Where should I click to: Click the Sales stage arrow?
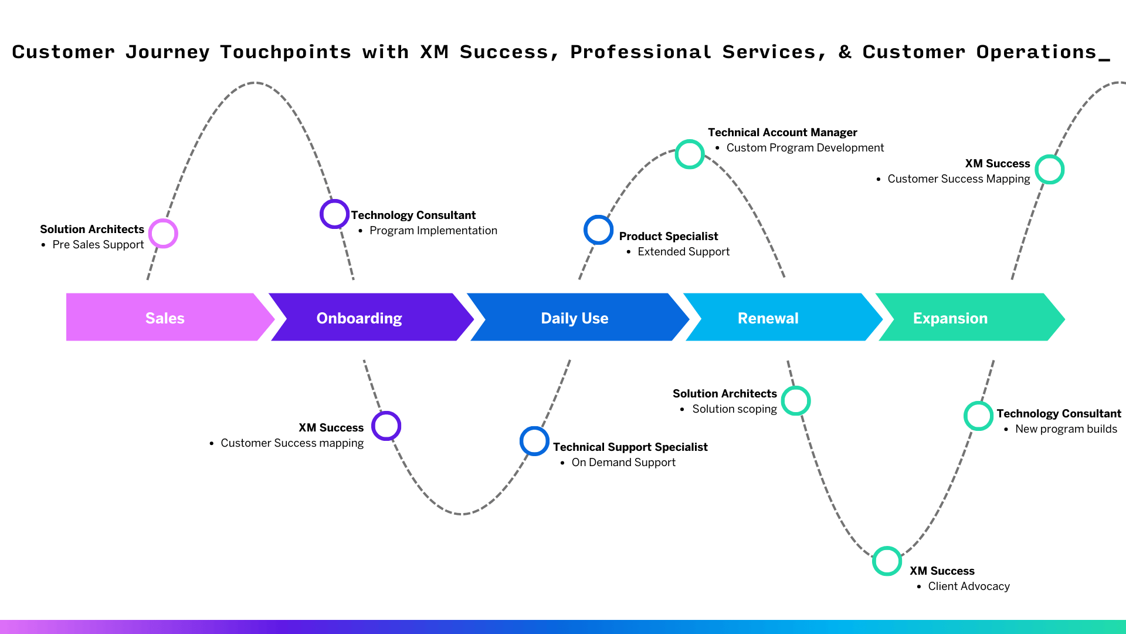[165, 318]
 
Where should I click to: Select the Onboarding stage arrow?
[359, 318]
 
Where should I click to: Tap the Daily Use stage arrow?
[574, 318]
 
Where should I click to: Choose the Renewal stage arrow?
[768, 318]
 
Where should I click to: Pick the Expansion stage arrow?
[950, 318]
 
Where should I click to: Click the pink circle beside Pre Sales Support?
[163, 234]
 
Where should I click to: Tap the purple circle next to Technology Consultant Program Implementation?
[334, 214]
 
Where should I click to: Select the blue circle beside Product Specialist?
[598, 230]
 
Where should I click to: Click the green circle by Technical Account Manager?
[690, 154]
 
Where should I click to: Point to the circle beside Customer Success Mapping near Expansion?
[1049, 170]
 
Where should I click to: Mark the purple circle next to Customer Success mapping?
[386, 426]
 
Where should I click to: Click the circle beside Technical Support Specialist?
[534, 441]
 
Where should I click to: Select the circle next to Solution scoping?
[796, 401]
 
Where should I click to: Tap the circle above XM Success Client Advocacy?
[887, 561]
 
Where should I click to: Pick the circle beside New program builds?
[978, 416]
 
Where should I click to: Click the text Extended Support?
[683, 252]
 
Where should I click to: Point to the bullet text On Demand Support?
[623, 463]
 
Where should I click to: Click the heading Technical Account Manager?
[782, 133]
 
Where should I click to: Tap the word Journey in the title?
[167, 52]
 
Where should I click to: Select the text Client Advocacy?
[969, 586]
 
